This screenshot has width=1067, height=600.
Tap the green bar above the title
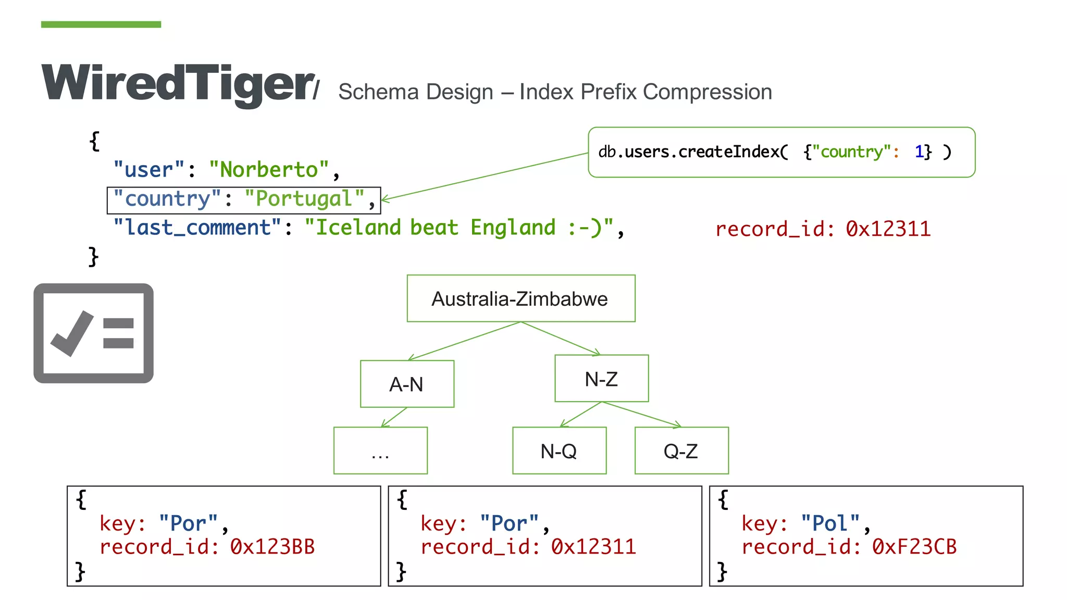point(101,24)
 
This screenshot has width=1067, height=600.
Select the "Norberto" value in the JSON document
point(269,170)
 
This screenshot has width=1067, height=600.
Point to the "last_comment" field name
point(198,228)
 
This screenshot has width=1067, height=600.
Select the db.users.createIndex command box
point(781,152)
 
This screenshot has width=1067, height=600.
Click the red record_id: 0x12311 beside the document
point(823,229)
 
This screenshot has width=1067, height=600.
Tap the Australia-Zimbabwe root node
point(520,299)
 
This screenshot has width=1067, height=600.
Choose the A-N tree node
point(407,384)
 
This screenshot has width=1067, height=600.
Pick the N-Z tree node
point(601,379)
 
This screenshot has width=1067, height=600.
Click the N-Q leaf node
point(559,451)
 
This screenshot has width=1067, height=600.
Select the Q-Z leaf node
point(681,451)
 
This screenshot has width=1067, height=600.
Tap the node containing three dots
point(380,451)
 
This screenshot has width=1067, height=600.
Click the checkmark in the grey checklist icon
point(72,333)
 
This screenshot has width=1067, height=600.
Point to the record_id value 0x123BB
point(272,547)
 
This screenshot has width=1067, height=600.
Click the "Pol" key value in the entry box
point(830,523)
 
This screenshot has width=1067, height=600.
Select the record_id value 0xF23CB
point(914,547)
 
